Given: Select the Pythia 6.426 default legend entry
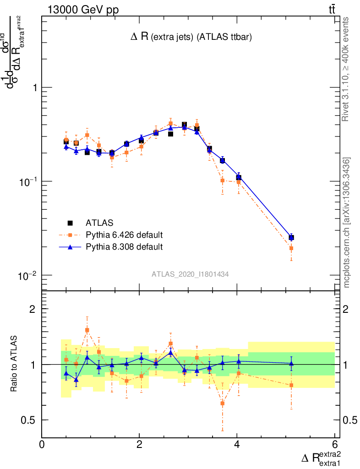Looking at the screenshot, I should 124,235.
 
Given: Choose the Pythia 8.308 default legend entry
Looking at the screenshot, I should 124,247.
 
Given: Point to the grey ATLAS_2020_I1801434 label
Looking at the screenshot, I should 191,274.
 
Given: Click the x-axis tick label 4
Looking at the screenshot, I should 237,444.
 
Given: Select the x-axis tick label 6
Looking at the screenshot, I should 334,444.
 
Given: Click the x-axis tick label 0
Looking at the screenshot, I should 42,444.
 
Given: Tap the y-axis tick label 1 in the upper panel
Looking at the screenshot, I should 32,87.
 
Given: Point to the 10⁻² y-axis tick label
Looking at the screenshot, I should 27,275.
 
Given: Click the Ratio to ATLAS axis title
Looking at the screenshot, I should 15,364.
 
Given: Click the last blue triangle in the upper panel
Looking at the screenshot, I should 291,237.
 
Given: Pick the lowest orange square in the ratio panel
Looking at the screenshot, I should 223,403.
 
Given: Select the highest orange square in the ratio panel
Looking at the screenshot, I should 87,330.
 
